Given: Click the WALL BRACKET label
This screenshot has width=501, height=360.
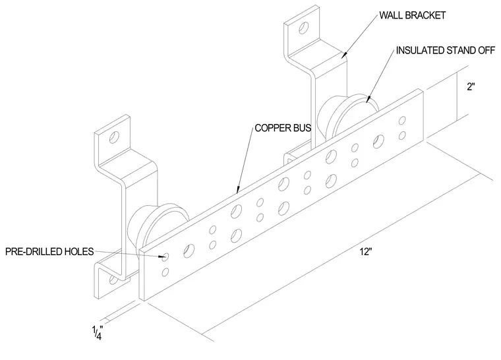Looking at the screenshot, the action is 412,15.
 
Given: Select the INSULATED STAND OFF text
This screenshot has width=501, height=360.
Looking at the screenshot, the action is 446,51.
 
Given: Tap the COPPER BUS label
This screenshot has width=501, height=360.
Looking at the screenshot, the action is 283,128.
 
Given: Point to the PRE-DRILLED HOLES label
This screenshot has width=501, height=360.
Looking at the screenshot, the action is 49,252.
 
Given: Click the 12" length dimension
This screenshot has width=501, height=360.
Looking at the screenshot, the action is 366,252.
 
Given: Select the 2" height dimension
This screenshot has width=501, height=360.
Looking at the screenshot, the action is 471,86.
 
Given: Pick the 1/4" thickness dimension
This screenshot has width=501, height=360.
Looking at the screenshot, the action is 97,332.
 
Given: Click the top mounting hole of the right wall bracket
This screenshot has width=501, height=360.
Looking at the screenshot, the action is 304,28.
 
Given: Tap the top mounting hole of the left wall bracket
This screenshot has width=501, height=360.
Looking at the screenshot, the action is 114,137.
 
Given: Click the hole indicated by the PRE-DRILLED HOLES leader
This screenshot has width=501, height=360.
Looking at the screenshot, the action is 165,256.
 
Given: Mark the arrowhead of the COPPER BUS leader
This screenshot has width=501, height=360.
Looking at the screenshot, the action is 237,191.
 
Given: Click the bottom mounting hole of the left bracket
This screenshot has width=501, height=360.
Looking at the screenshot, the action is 113,280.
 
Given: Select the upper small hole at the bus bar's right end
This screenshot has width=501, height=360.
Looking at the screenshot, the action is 403,120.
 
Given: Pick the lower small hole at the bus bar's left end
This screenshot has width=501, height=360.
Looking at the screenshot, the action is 165,272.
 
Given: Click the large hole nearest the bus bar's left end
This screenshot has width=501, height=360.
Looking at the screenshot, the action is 189,251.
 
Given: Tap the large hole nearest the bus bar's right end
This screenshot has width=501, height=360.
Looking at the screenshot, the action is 378,141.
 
